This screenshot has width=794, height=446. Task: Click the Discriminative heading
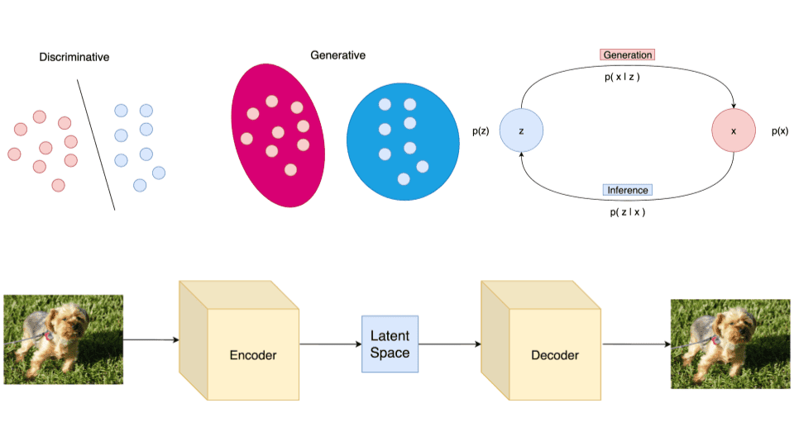[x=74, y=57]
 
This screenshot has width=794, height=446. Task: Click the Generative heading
[x=337, y=55]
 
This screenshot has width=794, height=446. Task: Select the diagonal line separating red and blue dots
[x=97, y=145]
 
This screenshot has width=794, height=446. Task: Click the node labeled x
[x=734, y=130]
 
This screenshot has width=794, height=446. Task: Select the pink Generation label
[x=627, y=55]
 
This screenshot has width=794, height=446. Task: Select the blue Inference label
[x=628, y=190]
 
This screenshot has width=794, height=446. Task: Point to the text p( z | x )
[x=626, y=212]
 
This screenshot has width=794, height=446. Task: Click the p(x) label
[x=780, y=131]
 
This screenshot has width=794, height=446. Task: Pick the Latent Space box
[x=390, y=344]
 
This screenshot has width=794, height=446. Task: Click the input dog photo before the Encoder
[x=64, y=339]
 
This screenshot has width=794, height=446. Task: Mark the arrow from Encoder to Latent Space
[x=330, y=344]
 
